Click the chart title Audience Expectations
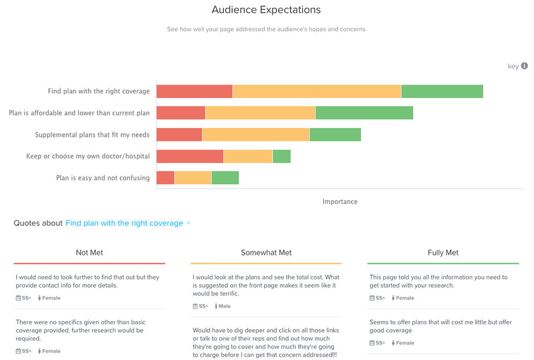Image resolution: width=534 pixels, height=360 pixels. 266,10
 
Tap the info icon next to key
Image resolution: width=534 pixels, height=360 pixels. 524,66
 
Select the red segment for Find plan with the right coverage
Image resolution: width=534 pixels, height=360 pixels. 194,91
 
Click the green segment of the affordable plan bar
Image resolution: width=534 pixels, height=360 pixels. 364,113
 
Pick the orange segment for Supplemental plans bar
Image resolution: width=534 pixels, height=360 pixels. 255,135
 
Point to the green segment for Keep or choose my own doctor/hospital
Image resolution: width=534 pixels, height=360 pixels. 281,156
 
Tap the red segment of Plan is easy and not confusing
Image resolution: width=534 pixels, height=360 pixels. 165,178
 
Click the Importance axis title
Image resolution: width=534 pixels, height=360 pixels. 340,201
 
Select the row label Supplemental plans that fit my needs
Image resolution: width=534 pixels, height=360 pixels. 92,135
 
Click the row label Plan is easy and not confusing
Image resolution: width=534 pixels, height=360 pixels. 103,178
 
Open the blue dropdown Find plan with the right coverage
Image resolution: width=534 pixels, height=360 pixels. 127,223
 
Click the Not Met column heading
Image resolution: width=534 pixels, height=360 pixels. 90,253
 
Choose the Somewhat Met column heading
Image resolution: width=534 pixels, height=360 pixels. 266,253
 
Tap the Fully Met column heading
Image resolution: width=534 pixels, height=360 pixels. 443,253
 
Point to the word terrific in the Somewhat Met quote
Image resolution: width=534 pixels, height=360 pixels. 226,294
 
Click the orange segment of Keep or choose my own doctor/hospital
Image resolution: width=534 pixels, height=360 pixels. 248,156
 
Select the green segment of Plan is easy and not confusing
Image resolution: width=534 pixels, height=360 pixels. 225,178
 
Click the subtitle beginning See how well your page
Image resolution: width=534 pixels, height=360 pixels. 266,29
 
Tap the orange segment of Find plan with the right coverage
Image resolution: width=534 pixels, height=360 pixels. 317,91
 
